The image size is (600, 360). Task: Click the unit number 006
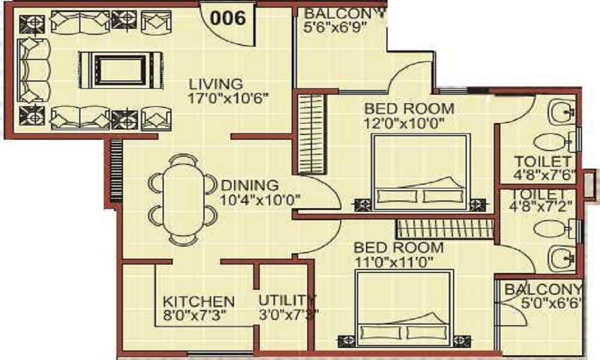229,18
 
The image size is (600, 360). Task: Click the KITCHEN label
199,301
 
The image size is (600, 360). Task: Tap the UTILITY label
286,300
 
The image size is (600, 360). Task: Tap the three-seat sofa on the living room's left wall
33,69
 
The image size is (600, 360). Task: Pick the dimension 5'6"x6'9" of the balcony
335,27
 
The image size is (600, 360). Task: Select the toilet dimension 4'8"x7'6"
545,176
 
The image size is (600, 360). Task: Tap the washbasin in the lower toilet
562,259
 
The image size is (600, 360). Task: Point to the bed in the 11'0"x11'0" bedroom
403,306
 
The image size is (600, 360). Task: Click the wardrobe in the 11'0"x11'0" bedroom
443,229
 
